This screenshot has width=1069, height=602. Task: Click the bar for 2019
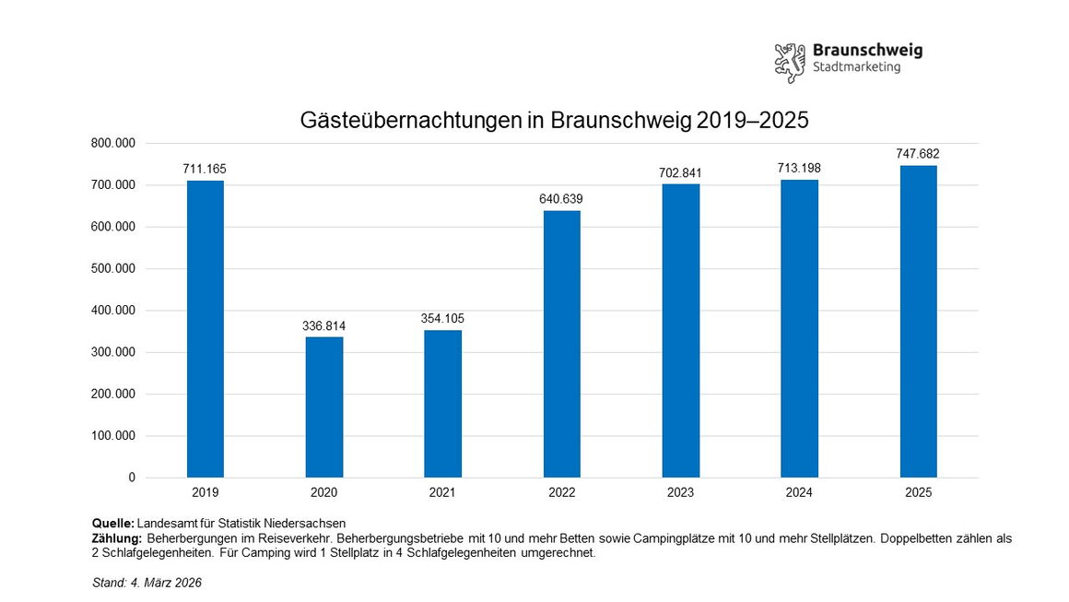[205, 329]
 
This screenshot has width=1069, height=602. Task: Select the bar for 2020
[323, 407]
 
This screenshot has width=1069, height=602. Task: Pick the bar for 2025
[918, 322]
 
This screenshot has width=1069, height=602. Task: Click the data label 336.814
[323, 326]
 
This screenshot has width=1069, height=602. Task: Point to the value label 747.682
[918, 154]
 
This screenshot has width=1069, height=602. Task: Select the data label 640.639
[561, 199]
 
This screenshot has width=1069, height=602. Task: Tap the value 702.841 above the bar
[680, 173]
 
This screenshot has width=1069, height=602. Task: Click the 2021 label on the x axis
[442, 493]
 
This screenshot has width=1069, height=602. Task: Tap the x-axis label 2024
[799, 493]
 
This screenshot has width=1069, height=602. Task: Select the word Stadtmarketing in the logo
[856, 67]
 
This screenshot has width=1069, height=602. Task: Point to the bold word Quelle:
[113, 524]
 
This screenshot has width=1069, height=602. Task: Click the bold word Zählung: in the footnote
[117, 538]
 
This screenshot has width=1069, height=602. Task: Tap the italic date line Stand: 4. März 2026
[147, 584]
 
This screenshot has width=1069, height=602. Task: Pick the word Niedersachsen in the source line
[311, 524]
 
